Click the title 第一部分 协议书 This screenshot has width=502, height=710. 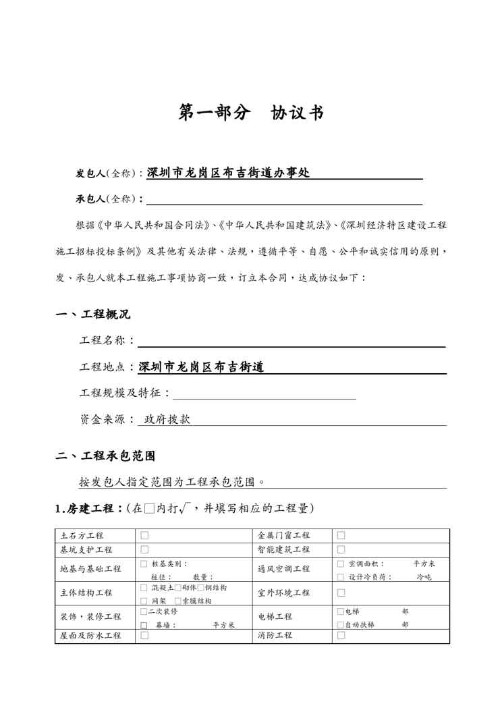tap(250, 113)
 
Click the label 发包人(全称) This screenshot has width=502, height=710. tap(107, 173)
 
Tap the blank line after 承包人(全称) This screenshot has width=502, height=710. tap(284, 199)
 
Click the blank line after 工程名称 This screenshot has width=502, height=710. tap(291, 342)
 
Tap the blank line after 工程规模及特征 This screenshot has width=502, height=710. tap(264, 393)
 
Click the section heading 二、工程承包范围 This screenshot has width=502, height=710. tap(105, 456)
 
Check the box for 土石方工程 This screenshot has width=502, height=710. tap(144, 535)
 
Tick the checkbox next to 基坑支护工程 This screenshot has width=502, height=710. tap(144, 549)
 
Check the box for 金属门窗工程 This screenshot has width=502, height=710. tap(341, 535)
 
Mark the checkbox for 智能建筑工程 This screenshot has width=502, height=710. tap(341, 549)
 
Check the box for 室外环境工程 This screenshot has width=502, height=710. tap(341, 593)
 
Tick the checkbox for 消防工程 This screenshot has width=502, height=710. tap(341, 635)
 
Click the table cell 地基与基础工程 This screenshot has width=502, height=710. tap(90, 569)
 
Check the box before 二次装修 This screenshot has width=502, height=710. tap(144, 611)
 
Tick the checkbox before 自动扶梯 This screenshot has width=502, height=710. tap(340, 625)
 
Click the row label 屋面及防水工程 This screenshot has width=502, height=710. tap(90, 636)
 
